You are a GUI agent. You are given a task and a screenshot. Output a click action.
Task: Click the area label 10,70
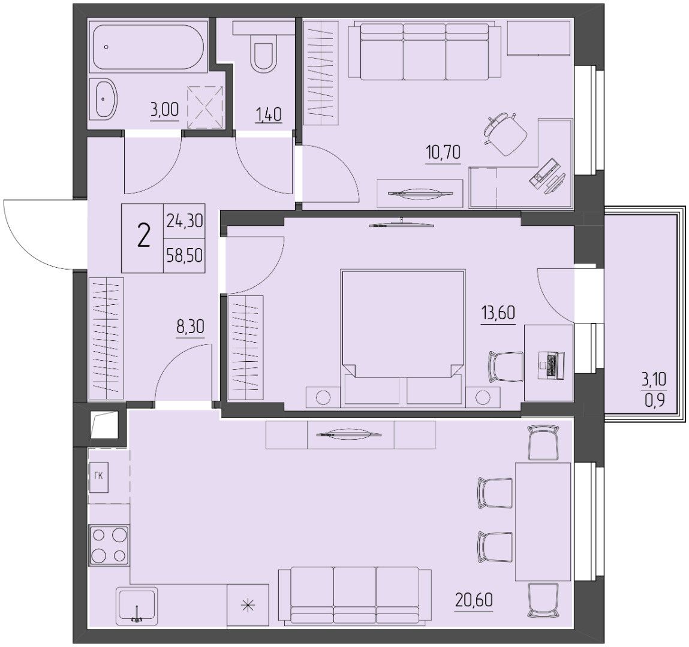[443, 153]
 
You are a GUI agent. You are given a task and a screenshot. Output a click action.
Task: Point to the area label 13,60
[498, 313]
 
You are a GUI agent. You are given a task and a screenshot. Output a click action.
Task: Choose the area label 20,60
[474, 600]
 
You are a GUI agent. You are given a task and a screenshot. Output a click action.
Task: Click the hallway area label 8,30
[190, 327]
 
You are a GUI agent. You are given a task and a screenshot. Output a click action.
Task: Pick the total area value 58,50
[185, 255]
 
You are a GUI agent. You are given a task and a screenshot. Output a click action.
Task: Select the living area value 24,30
[185, 220]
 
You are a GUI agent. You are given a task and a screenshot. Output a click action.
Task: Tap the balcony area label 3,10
[654, 379]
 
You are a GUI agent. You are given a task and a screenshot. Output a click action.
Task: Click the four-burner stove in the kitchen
[109, 546]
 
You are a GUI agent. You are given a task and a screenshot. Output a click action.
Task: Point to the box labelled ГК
[98, 477]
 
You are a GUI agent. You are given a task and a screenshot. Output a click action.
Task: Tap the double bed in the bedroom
[403, 337]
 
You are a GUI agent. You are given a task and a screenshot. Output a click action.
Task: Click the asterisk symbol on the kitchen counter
[248, 606]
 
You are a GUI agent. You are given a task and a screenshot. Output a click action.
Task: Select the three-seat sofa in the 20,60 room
[355, 595]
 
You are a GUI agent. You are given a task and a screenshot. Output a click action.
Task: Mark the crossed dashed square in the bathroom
[204, 107]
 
